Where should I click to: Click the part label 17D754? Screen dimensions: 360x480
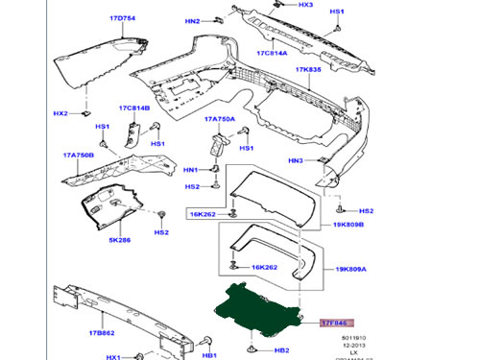(x=123, y=17)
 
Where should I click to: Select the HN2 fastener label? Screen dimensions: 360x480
(x=192, y=21)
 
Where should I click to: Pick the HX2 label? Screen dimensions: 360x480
(x=60, y=113)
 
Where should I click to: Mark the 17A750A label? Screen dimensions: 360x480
(x=219, y=119)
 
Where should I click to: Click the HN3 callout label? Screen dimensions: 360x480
(x=296, y=160)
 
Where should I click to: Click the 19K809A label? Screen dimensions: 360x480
(x=348, y=272)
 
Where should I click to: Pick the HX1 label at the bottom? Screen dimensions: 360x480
(x=112, y=356)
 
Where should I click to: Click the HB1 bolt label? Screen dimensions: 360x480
(x=208, y=356)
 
